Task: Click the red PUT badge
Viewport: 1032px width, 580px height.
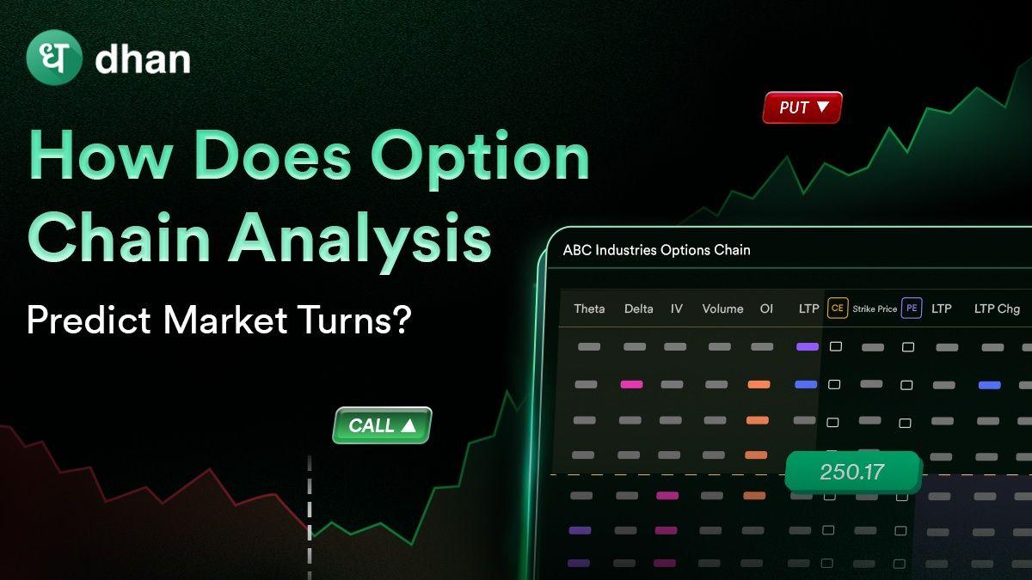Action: tap(802, 107)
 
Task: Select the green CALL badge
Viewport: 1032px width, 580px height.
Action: tap(382, 425)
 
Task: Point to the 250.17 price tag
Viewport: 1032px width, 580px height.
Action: tap(852, 472)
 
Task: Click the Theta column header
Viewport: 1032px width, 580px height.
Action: tap(589, 308)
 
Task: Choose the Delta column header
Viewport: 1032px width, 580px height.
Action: tap(638, 308)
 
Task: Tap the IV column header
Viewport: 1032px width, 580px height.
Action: tap(677, 308)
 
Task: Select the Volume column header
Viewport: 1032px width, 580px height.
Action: tap(722, 308)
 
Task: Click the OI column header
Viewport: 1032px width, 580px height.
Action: tap(766, 308)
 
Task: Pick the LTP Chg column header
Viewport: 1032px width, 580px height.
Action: tap(997, 308)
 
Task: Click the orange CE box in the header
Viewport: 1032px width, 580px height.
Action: tap(837, 308)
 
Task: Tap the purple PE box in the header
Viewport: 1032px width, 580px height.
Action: tap(911, 308)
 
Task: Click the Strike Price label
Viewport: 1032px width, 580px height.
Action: tap(875, 308)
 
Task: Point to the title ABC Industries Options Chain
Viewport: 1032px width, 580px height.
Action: tap(656, 250)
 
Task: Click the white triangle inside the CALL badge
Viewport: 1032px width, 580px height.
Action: tap(408, 424)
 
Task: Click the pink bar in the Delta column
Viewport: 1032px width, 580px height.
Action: tap(631, 384)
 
